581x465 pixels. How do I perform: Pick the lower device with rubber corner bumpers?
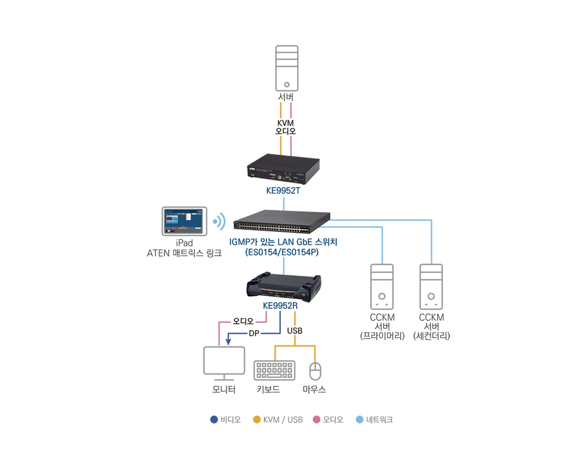click(x=284, y=285)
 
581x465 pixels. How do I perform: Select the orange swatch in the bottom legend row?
click(x=254, y=414)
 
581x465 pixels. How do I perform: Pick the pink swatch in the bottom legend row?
click(x=315, y=414)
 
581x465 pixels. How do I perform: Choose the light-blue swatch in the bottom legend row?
click(x=357, y=414)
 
